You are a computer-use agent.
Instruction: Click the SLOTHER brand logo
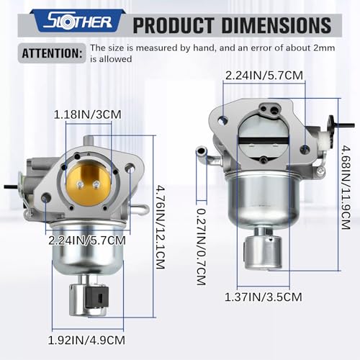tap(78, 22)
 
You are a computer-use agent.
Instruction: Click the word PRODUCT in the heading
tap(173, 25)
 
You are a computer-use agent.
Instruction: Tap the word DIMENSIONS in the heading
tap(276, 25)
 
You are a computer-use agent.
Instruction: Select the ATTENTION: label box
tap(52, 53)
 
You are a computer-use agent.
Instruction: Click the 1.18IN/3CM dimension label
tap(88, 114)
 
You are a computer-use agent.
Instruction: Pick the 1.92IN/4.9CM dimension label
tap(86, 340)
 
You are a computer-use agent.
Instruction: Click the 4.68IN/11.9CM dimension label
tap(346, 187)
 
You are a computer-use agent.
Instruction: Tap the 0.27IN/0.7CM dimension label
tap(202, 247)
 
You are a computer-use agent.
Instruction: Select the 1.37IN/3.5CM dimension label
tap(264, 297)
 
